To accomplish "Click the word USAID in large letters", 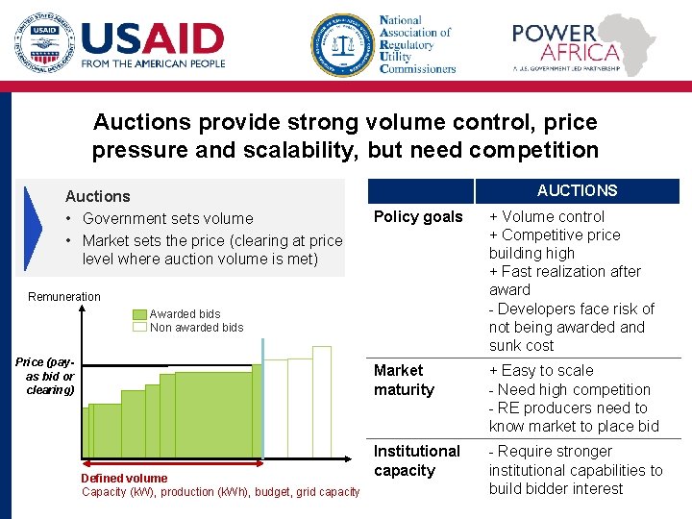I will pos(153,37).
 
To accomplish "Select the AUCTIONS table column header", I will pos(577,190).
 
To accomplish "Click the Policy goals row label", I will pos(418,217).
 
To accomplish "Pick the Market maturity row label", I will pos(404,380).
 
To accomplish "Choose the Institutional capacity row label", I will pos(417,460).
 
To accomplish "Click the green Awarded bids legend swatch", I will pos(140,314).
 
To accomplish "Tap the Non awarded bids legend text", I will pos(196,328).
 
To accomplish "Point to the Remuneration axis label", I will pos(64,297).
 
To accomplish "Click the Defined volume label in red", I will pos(124,478).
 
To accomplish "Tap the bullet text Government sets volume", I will pos(167,219).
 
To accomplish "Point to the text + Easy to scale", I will pos(541,371).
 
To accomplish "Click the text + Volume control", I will pos(546,217).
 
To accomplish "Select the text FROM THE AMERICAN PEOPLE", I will pos(153,64).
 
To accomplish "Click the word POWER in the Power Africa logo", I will pos(554,34).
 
